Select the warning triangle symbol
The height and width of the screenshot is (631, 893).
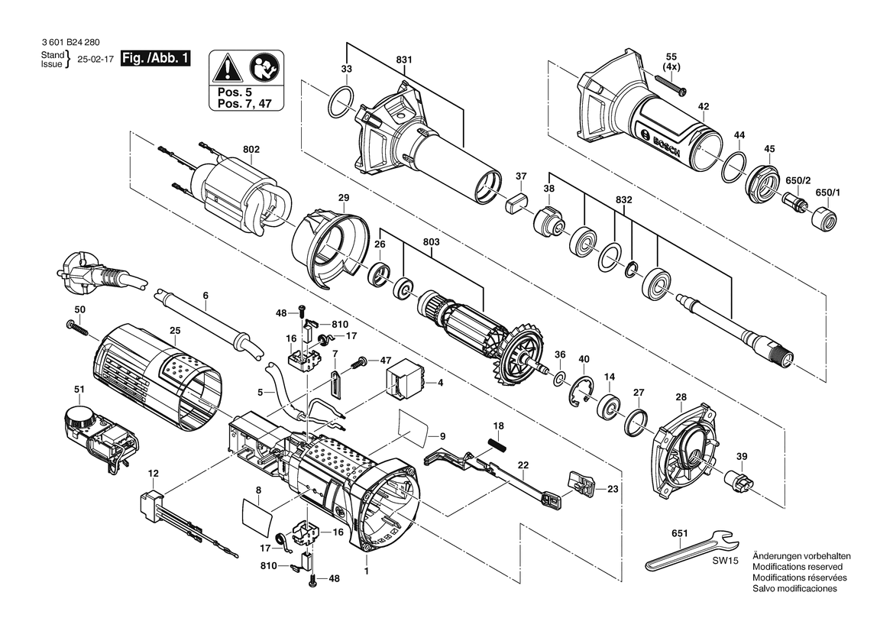coord(227,68)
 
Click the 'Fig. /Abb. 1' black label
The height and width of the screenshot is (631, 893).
coord(155,58)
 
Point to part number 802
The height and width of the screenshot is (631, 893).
coord(251,149)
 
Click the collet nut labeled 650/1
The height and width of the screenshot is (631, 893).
coord(824,218)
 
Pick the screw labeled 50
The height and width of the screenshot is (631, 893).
coord(79,328)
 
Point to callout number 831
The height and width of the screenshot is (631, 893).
coord(404,60)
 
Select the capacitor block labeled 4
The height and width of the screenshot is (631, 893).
coord(405,379)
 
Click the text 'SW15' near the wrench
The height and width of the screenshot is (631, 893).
coord(725,561)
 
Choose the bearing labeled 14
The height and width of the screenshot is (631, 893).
coord(609,406)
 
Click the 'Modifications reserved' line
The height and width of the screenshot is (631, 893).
coord(798,567)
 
